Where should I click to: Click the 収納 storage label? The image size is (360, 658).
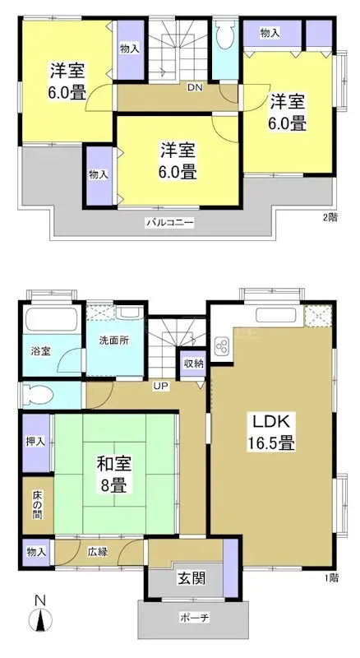[193, 362]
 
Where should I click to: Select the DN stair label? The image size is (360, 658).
[195, 87]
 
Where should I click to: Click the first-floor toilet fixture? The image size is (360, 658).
[35, 394]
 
